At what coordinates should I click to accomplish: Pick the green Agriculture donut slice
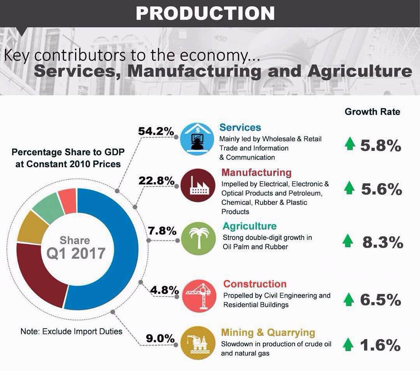click(x=48, y=206)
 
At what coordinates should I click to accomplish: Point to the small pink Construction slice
click(x=67, y=200)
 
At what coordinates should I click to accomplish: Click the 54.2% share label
click(x=156, y=131)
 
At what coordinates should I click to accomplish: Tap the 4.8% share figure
click(x=164, y=290)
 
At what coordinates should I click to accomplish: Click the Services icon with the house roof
click(x=198, y=139)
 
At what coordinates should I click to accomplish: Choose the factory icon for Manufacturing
click(x=198, y=185)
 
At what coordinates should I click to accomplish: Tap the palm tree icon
click(x=199, y=238)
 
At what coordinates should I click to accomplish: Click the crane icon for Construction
click(x=199, y=296)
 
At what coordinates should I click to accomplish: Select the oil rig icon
click(x=198, y=343)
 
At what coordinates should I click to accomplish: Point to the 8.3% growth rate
click(x=383, y=242)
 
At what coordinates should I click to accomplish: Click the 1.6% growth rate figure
click(x=380, y=345)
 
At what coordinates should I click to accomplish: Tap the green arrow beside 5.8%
click(x=350, y=143)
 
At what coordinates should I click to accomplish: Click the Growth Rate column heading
click(x=372, y=112)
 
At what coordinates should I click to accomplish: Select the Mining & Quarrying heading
click(x=268, y=332)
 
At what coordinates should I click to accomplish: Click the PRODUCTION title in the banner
click(x=205, y=13)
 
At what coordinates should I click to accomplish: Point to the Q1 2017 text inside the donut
click(x=76, y=253)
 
